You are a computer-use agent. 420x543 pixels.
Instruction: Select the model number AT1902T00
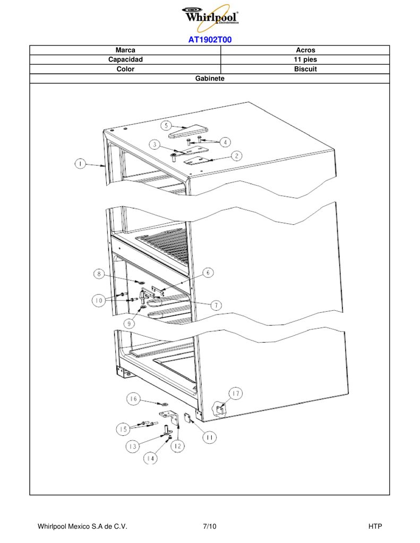pyautogui.click(x=210, y=40)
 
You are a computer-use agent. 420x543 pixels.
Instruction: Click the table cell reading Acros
pyautogui.click(x=305, y=50)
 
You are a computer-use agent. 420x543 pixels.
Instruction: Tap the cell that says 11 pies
pyautogui.click(x=305, y=59)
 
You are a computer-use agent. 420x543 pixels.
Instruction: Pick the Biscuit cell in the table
pyautogui.click(x=305, y=69)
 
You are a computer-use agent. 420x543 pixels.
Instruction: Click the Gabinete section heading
pyautogui.click(x=210, y=78)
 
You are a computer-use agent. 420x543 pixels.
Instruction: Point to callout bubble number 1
pyautogui.click(x=81, y=163)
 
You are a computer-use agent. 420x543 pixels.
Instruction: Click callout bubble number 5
pyautogui.click(x=166, y=125)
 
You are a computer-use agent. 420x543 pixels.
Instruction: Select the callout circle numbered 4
pyautogui.click(x=226, y=142)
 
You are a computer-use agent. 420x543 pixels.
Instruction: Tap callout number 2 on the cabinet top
pyautogui.click(x=236, y=156)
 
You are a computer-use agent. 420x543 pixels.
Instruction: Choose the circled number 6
pyautogui.click(x=208, y=273)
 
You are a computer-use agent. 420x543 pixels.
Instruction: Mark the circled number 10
pyautogui.click(x=99, y=300)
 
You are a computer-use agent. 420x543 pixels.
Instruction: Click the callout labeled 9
pyautogui.click(x=130, y=323)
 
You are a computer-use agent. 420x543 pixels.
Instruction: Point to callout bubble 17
pyautogui.click(x=236, y=393)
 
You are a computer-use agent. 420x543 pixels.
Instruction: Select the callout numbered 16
pyautogui.click(x=133, y=399)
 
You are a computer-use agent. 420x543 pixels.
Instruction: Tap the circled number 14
pyautogui.click(x=150, y=459)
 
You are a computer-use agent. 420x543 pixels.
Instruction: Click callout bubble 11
pyautogui.click(x=209, y=437)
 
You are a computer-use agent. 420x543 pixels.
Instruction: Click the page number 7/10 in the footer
pyautogui.click(x=210, y=527)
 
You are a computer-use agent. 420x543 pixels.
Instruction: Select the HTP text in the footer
pyautogui.click(x=375, y=527)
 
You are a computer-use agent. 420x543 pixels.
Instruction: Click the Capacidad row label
pyautogui.click(x=125, y=59)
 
